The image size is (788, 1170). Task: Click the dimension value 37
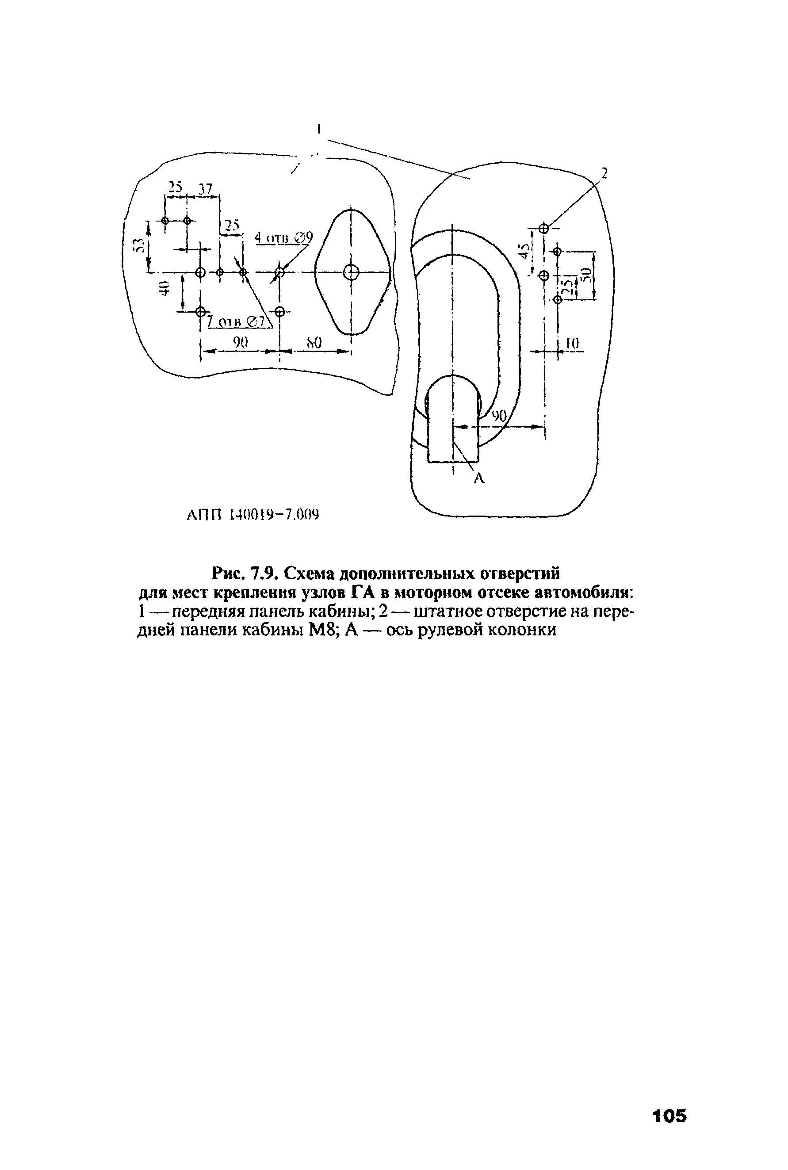point(205,189)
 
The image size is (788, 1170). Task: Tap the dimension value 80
point(314,343)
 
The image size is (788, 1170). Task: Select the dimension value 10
point(572,344)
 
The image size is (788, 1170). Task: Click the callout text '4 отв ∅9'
point(283,237)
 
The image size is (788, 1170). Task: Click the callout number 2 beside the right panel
point(604,173)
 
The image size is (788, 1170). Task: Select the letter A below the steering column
point(479,479)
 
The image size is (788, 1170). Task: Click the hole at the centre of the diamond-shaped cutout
point(351,273)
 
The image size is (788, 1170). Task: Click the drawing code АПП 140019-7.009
point(253,515)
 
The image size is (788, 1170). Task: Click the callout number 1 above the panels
point(319,129)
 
